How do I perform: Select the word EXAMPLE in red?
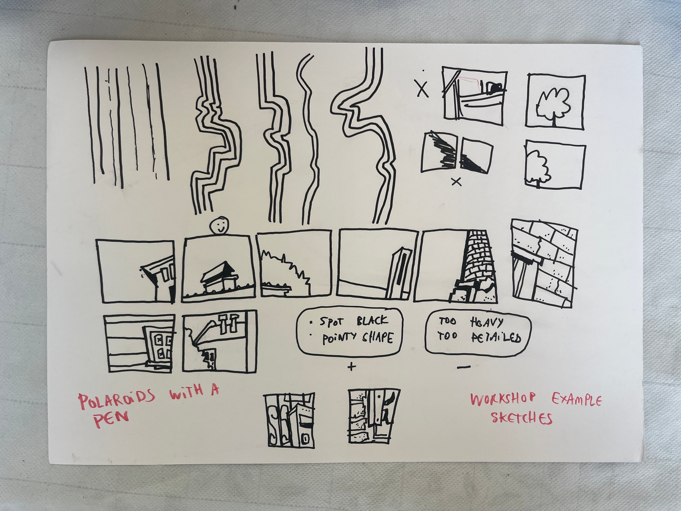[576, 401]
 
